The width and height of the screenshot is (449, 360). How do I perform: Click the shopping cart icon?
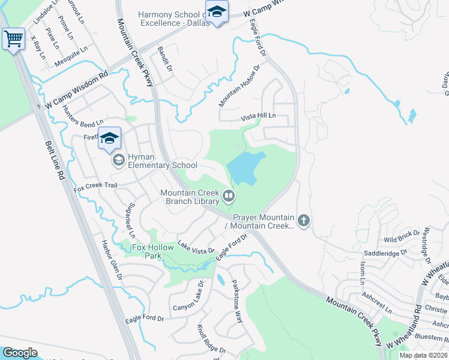pos(13,40)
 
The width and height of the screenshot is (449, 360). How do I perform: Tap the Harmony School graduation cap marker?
pos(216,11)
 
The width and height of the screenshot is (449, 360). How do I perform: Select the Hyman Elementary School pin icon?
pos(119,160)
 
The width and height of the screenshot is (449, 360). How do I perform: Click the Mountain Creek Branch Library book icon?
pos(229,196)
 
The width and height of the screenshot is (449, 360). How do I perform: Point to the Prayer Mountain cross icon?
pos(304,221)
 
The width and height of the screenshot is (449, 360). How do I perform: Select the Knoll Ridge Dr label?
pos(211,340)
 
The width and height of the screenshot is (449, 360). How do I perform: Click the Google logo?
pos(20,353)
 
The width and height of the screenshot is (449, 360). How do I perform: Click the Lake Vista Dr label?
pos(196,247)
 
